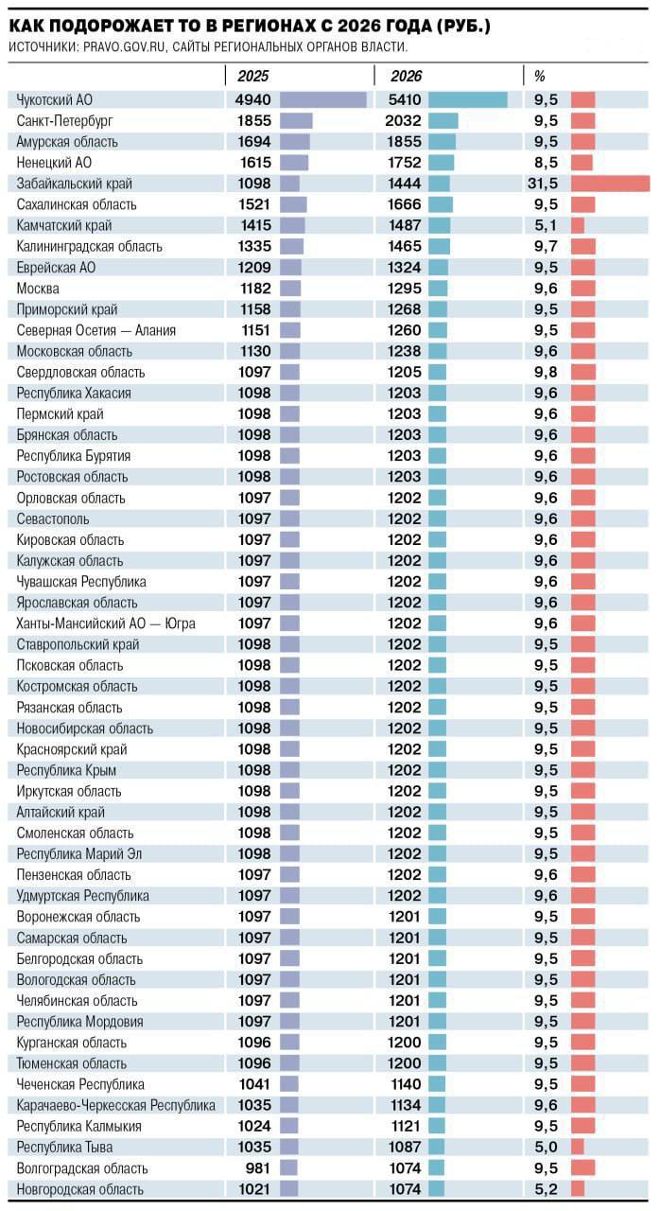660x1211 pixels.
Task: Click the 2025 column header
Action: click(x=253, y=76)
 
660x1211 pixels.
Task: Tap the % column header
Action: click(x=540, y=76)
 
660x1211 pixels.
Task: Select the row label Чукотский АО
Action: click(x=55, y=99)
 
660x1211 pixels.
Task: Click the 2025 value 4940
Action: click(x=253, y=99)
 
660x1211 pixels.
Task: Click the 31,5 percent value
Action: click(x=543, y=184)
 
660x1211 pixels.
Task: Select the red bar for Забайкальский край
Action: click(x=610, y=184)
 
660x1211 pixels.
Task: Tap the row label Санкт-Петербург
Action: click(x=63, y=120)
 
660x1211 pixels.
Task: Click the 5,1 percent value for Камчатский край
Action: click(x=546, y=225)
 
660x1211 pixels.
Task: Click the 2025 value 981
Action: click(x=258, y=1167)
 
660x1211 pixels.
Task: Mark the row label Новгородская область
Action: click(x=80, y=1189)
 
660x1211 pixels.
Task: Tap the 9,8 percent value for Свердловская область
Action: click(x=546, y=372)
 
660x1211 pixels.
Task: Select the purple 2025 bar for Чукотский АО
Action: click(x=322, y=99)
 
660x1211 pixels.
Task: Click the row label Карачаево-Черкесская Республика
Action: click(x=115, y=1105)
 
